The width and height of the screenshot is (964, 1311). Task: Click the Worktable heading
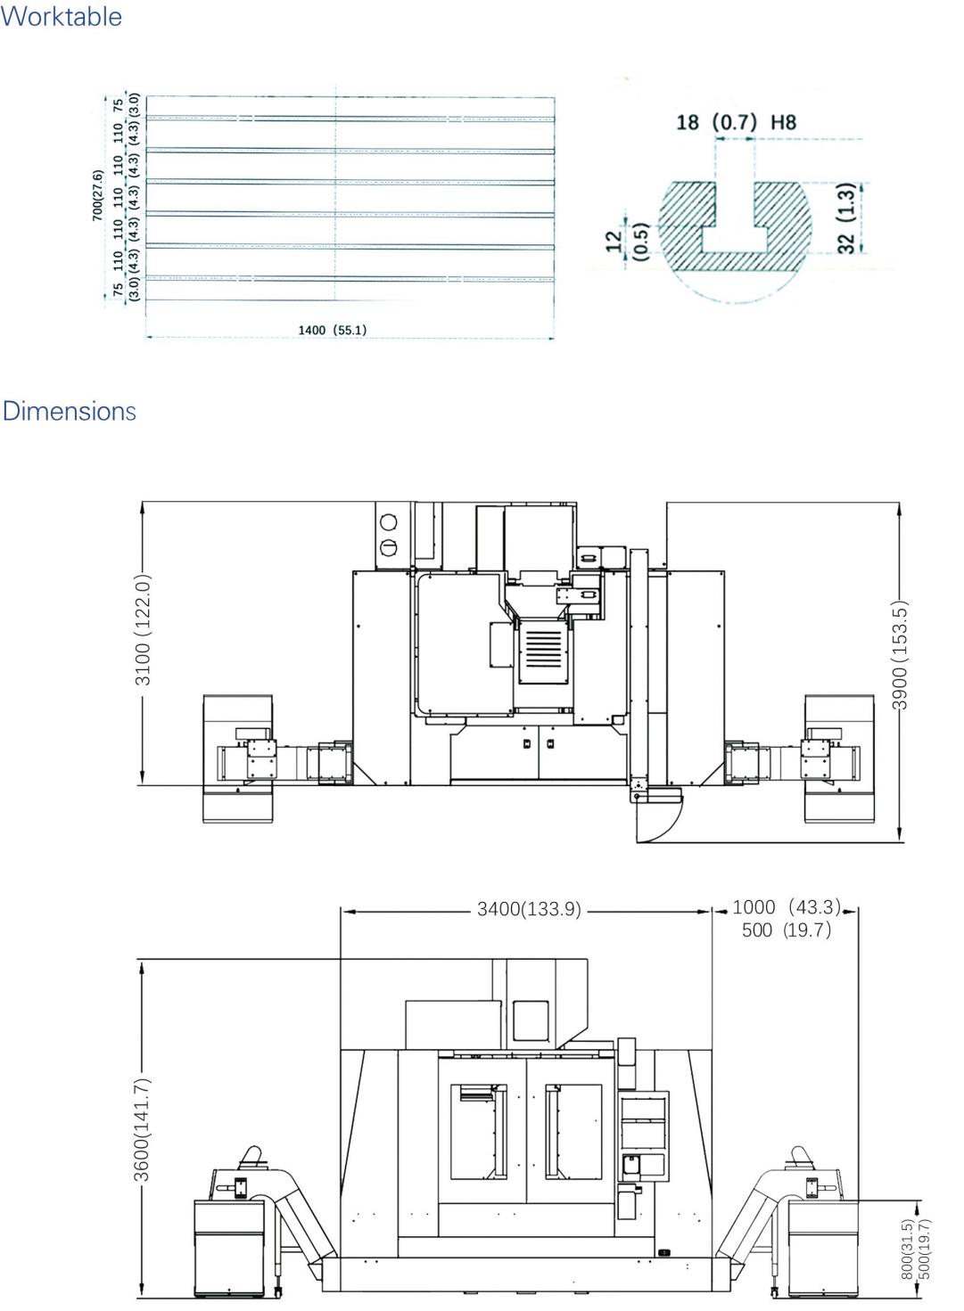tap(61, 16)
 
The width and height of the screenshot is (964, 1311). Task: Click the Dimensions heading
tap(69, 411)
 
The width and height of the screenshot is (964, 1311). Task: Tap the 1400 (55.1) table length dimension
tap(332, 330)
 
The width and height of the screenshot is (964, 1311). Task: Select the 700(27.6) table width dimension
tap(97, 195)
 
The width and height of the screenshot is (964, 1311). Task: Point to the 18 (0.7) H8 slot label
tap(737, 122)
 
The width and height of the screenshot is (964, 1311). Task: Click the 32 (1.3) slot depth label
tap(847, 217)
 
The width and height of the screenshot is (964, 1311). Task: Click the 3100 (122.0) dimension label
tap(143, 629)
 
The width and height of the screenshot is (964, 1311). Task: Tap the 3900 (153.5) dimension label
tap(899, 655)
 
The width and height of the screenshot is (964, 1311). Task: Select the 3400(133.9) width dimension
tap(529, 909)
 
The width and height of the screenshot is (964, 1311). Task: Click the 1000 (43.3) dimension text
tap(786, 906)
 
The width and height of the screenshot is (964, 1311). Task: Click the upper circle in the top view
tap(388, 521)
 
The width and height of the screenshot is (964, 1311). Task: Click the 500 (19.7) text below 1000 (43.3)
tap(786, 930)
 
